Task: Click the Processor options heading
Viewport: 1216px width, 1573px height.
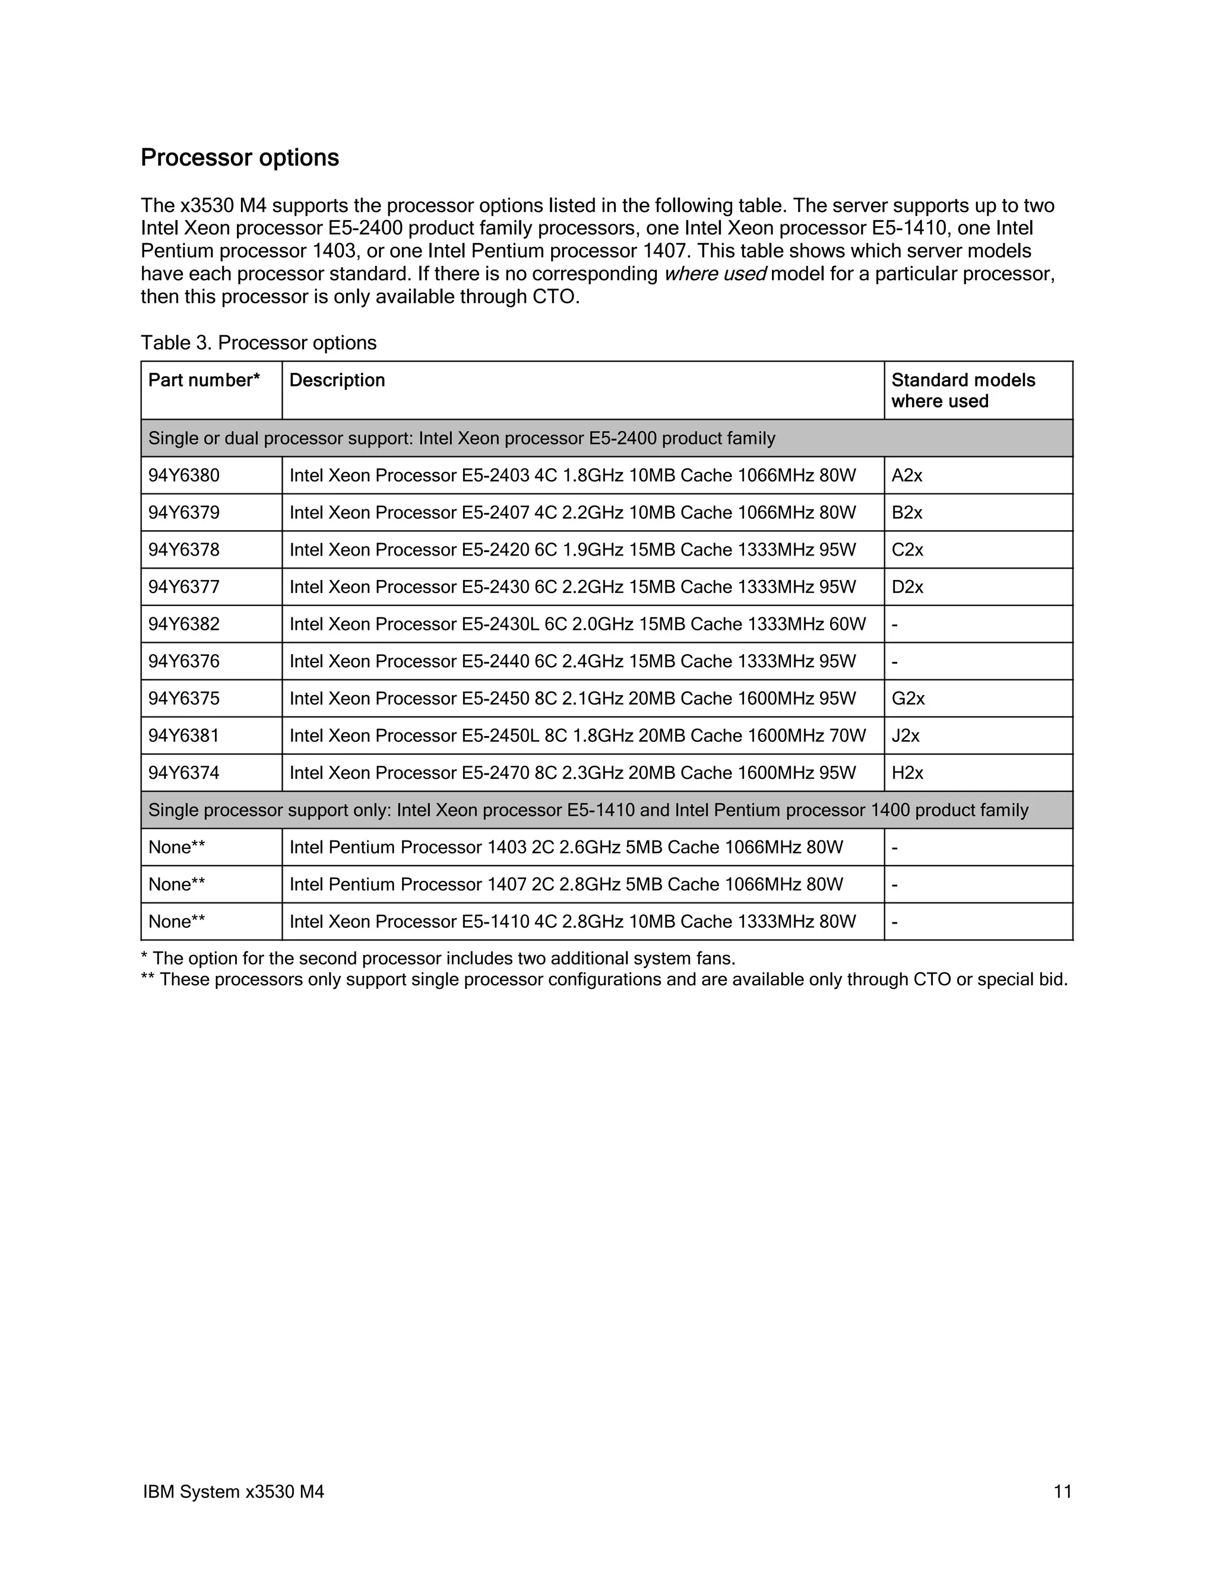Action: (x=239, y=158)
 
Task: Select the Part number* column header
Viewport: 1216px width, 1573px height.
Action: (x=204, y=380)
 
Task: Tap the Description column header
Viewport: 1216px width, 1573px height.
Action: (x=337, y=380)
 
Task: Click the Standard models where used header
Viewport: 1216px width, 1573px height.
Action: (x=962, y=391)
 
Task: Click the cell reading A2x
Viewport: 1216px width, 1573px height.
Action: (x=907, y=475)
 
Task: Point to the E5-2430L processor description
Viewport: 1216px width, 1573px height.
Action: (x=577, y=624)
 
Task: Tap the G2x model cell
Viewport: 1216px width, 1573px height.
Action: (x=908, y=699)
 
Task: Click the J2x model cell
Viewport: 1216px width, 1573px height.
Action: (x=905, y=735)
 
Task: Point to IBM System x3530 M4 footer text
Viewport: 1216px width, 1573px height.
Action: (x=233, y=1492)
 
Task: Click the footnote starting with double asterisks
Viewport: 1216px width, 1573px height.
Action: (x=604, y=979)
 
